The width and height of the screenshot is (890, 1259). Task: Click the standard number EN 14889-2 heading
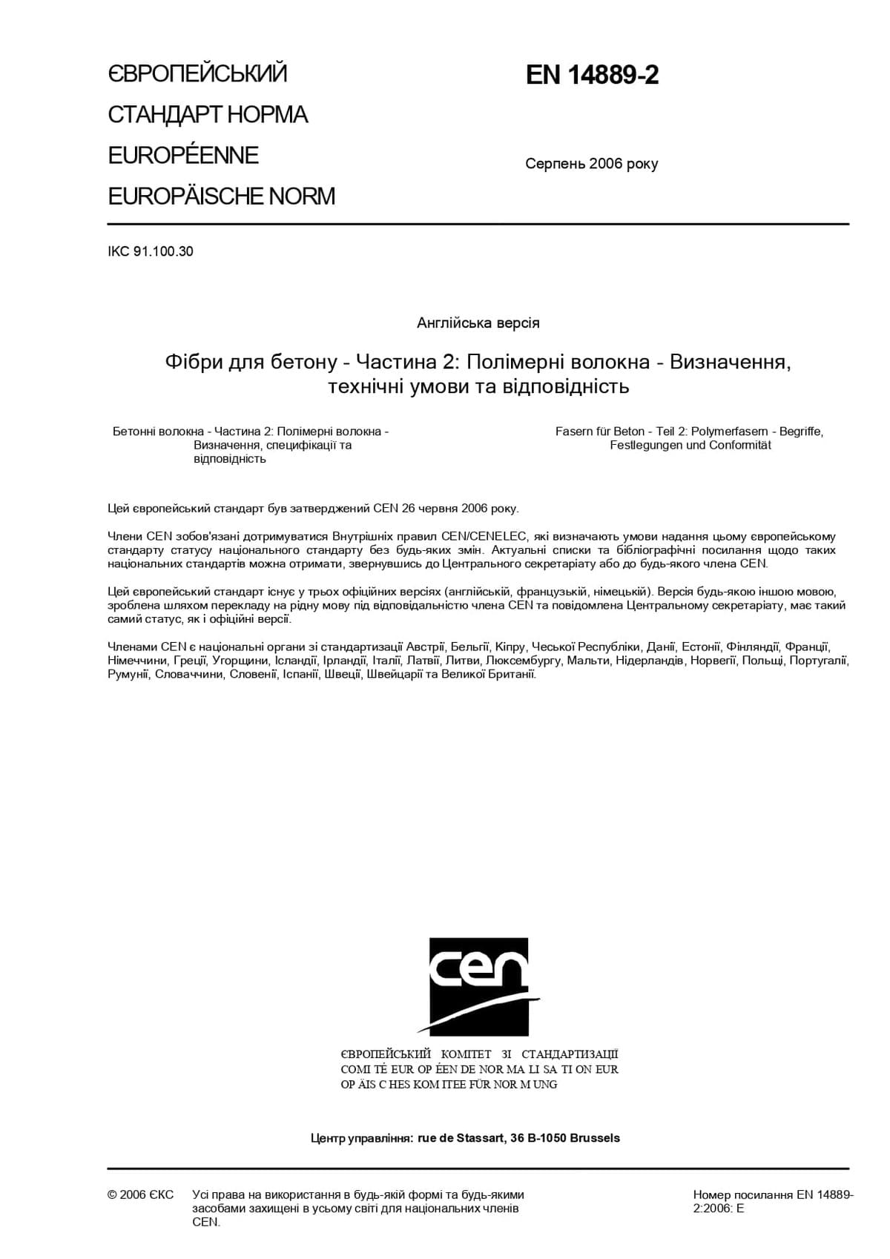pos(592,76)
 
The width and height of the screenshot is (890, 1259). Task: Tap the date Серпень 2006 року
pos(591,164)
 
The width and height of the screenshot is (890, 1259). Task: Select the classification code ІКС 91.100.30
pos(151,251)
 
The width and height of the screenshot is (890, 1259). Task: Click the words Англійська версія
pos(478,323)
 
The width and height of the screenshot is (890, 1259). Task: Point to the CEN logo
pos(478,985)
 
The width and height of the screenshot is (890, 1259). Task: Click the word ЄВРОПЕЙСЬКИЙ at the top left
pos(197,73)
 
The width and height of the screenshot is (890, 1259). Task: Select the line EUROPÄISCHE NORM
pos(221,196)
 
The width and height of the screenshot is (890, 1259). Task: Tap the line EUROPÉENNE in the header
pos(183,156)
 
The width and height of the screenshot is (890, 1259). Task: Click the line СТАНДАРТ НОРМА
pos(208,115)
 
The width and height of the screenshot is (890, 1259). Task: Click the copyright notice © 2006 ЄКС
pos(141,1194)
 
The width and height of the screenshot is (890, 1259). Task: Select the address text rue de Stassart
pos(461,1137)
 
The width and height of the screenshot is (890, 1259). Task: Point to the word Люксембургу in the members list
pos(524,661)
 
